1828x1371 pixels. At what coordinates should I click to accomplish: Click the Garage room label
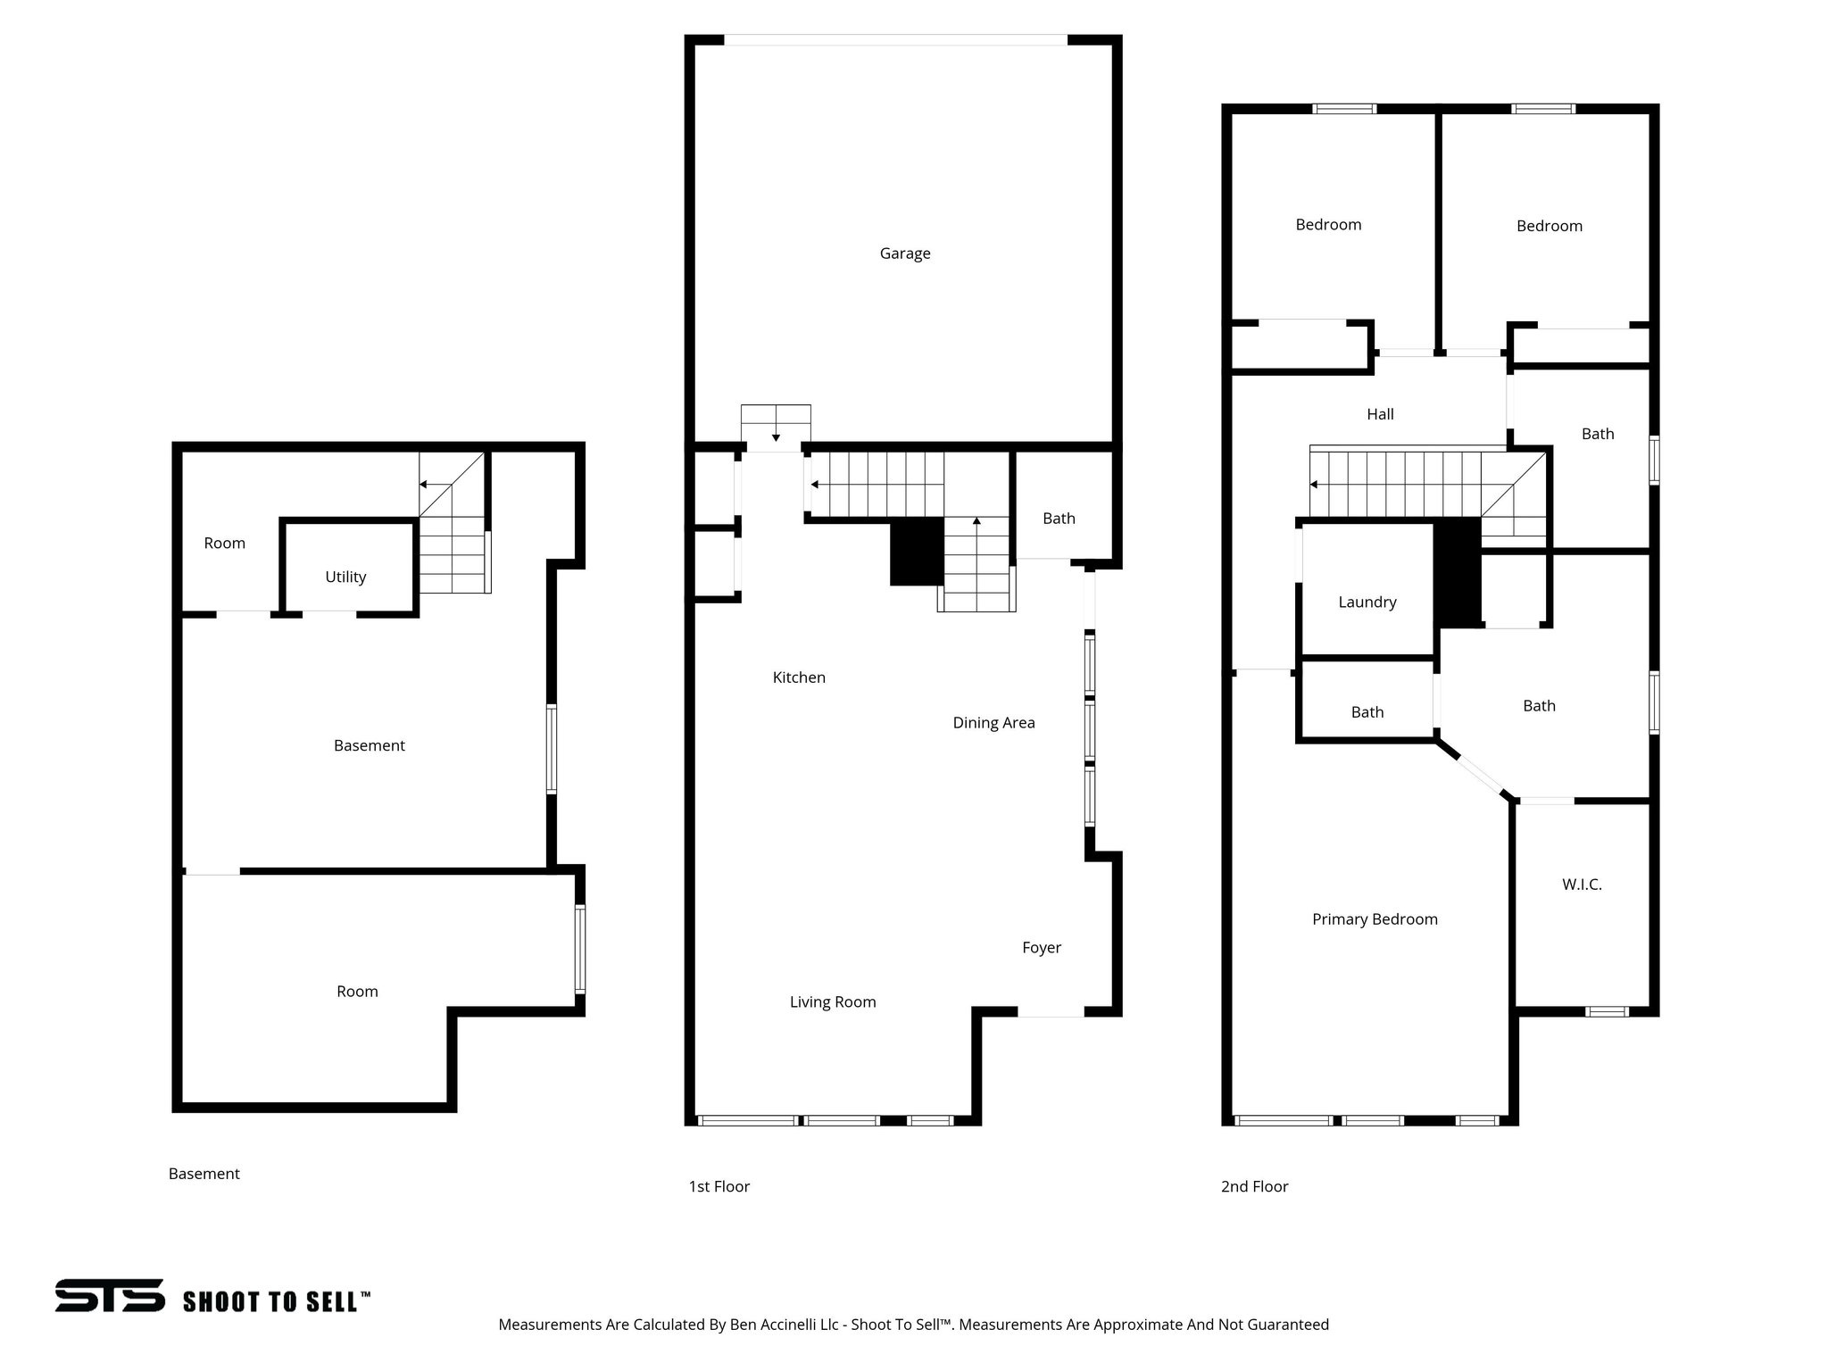coord(904,253)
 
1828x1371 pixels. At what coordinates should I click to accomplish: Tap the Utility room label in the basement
coord(345,577)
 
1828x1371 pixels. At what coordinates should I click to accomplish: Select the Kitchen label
coord(799,677)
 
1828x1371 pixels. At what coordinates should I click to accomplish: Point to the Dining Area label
coord(993,723)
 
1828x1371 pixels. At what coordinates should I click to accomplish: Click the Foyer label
coord(1041,948)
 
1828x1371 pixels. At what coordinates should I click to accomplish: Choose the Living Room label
coord(833,1002)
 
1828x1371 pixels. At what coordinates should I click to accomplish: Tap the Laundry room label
coord(1367,602)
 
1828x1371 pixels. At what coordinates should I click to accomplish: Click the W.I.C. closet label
coord(1582,885)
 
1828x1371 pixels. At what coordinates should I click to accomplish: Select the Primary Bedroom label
coord(1375,919)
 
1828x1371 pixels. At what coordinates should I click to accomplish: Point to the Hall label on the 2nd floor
coord(1380,414)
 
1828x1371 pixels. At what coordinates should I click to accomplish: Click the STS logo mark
coord(110,1295)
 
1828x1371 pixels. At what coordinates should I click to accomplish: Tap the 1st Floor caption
coord(719,1186)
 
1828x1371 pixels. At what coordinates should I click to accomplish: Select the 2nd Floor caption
coord(1254,1186)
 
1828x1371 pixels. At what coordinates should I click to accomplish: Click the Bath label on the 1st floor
coord(1059,519)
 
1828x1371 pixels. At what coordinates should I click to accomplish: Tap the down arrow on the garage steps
coord(776,437)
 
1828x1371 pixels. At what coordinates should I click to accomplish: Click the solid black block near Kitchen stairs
coord(917,552)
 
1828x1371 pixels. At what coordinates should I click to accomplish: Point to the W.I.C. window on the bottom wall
coord(1607,1011)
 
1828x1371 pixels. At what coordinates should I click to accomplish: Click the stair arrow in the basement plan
coord(424,485)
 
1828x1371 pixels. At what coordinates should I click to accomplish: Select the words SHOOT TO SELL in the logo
coord(276,1301)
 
